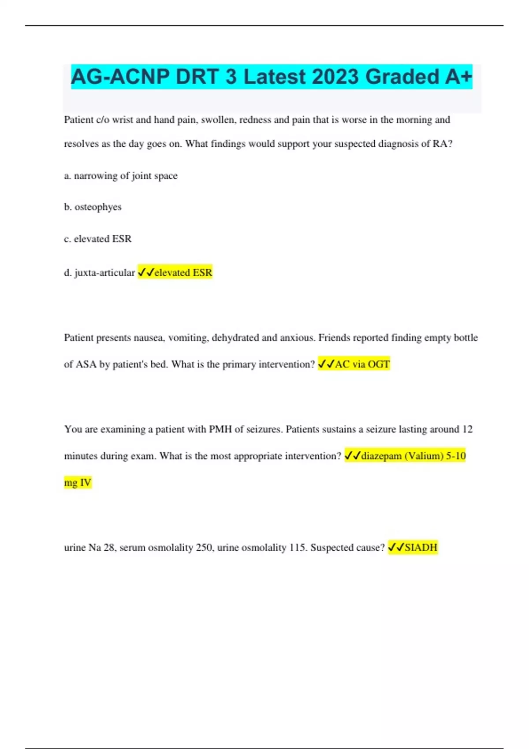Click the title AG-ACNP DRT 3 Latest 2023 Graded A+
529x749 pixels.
coord(271,77)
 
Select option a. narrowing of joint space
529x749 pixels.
coord(121,176)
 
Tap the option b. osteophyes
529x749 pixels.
coord(93,207)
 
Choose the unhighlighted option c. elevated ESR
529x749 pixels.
coord(98,239)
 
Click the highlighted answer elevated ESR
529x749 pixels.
coord(183,273)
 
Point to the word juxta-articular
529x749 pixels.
coord(104,273)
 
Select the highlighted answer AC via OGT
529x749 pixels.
coord(362,364)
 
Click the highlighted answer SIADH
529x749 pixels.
coord(421,548)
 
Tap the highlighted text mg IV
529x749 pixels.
coord(78,483)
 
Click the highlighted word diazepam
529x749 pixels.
coord(381,456)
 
